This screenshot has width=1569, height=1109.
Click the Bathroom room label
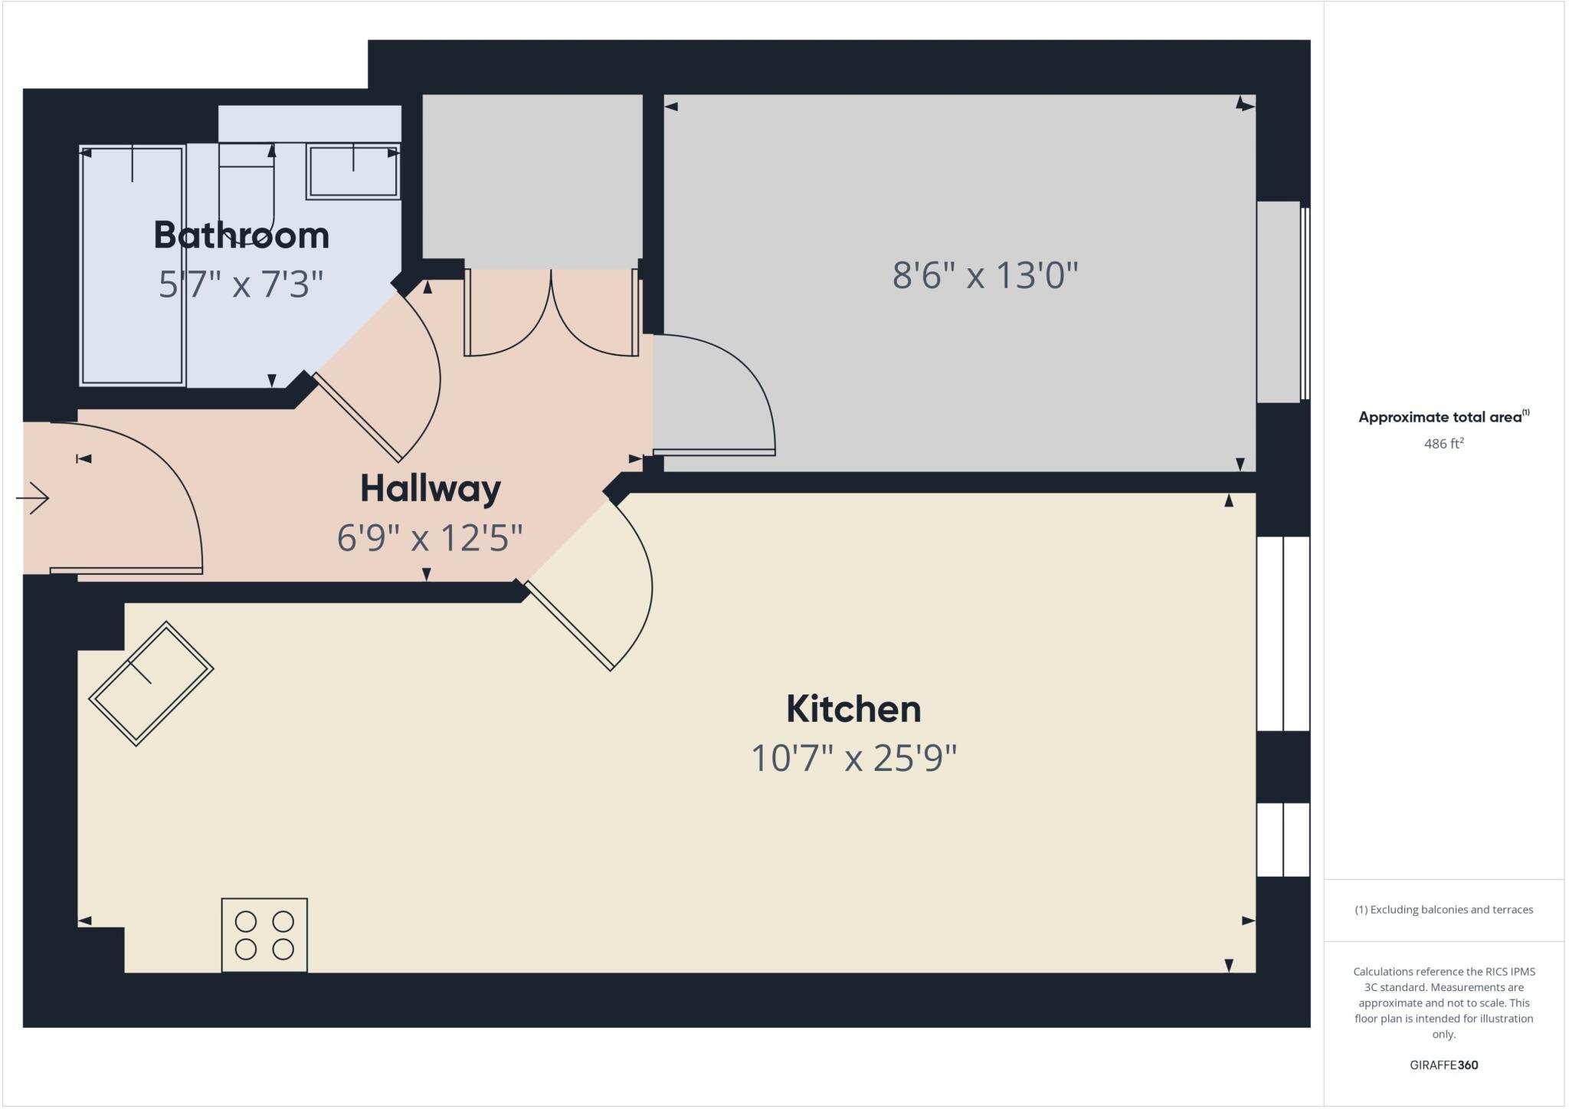click(241, 235)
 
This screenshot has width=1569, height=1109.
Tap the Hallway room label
click(431, 488)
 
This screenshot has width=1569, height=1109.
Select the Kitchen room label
click(853, 709)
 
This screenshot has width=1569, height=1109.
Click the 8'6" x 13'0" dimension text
click(985, 274)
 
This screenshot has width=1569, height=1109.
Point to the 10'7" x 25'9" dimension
click(853, 759)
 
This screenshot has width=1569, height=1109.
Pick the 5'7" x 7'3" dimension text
click(241, 284)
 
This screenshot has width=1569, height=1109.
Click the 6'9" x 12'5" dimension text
click(430, 538)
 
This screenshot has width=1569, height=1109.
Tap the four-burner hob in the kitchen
click(264, 935)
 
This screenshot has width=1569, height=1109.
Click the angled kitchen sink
click(151, 683)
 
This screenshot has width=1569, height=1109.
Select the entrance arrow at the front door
click(32, 498)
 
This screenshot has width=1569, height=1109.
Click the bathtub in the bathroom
click(133, 265)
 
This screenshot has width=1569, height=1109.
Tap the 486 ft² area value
click(1443, 444)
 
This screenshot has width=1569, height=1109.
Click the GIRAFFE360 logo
click(1443, 1065)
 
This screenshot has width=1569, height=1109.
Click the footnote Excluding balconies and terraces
click(1443, 910)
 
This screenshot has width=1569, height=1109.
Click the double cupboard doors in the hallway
click(552, 313)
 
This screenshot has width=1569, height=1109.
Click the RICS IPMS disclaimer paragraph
click(1443, 1002)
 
